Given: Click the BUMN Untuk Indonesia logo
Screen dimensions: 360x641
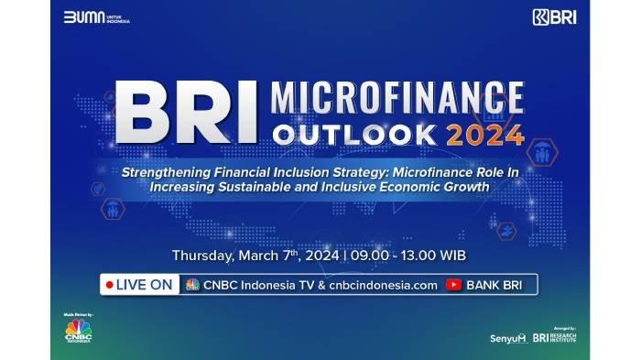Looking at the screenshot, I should click(96, 17).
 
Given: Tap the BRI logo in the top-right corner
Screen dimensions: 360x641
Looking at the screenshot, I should click(553, 17).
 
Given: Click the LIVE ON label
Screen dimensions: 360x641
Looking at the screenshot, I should click(146, 285).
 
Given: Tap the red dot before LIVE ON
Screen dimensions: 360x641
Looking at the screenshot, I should click(111, 285).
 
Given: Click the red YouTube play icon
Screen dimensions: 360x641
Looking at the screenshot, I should click(453, 285).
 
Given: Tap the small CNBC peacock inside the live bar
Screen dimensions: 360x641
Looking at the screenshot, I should click(192, 285).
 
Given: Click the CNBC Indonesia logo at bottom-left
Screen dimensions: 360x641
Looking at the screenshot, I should click(78, 333).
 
